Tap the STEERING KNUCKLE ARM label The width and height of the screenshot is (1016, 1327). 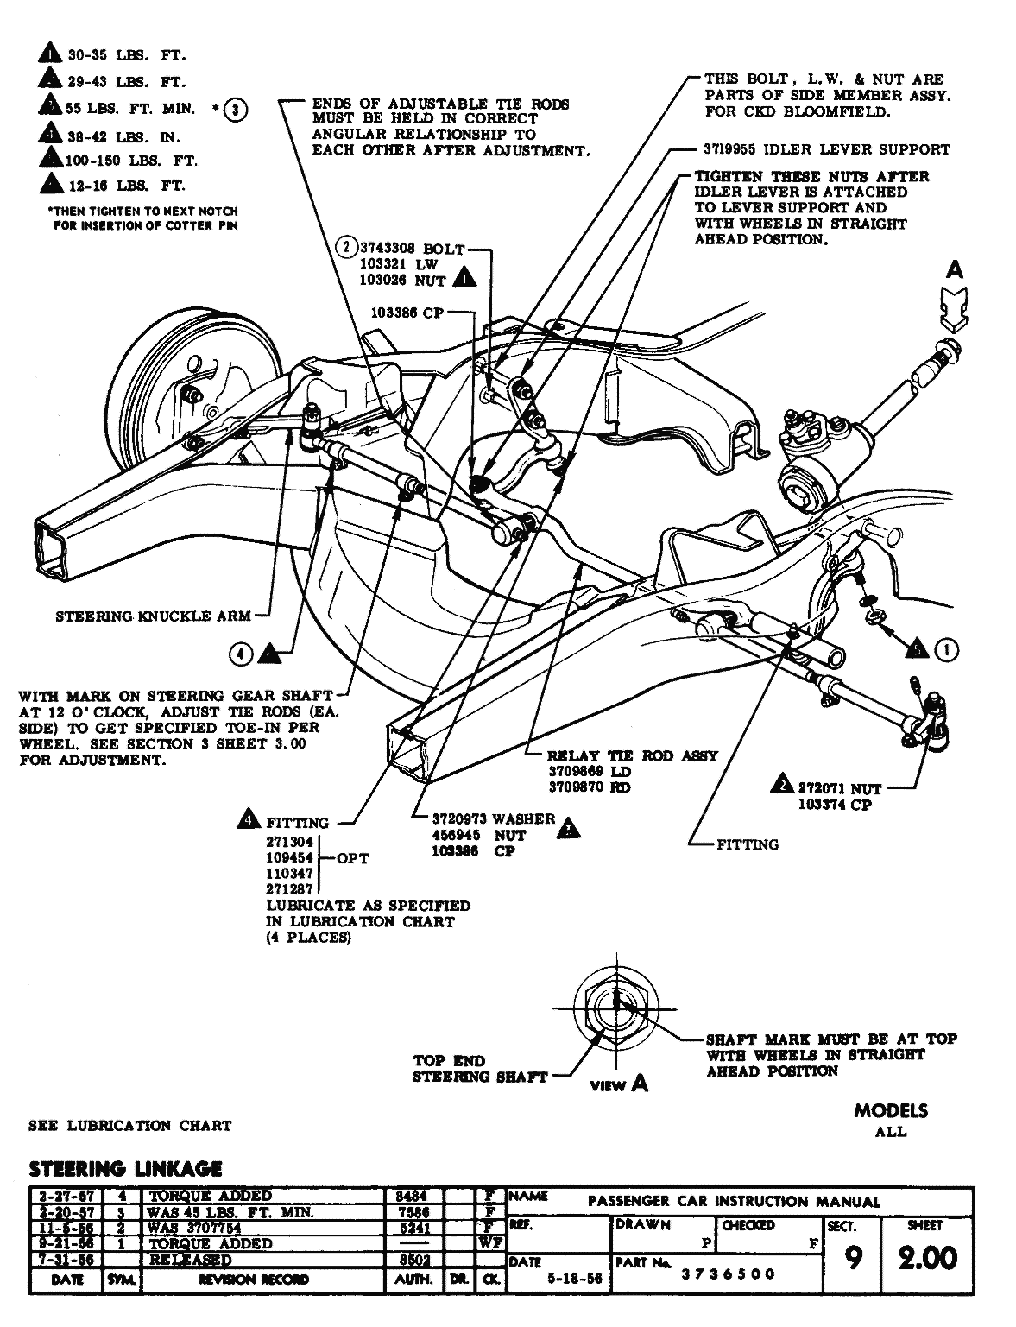(153, 616)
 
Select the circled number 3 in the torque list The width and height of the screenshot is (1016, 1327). (235, 109)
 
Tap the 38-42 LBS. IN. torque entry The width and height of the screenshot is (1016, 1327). (123, 136)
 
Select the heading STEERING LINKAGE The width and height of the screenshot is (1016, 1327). (126, 1170)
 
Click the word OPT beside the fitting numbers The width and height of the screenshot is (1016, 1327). (351, 858)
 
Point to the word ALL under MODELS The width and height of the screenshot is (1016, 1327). (890, 1132)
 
